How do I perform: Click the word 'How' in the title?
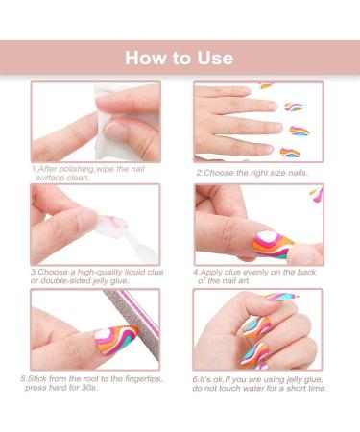(146, 58)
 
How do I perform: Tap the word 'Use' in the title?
(214, 58)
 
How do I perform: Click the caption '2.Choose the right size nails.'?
(252, 173)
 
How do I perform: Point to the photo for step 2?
(257, 123)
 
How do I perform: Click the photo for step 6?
(257, 331)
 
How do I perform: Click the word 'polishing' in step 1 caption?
(79, 172)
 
